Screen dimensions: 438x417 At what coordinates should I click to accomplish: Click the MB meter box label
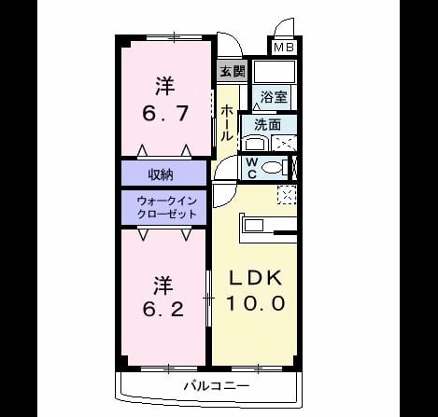[284, 48]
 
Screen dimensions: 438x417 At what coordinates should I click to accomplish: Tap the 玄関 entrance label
[233, 72]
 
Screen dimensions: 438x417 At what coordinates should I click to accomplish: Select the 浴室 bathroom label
[274, 97]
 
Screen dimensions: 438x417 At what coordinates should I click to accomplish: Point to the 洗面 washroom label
[267, 125]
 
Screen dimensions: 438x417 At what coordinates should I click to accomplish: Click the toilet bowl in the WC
[272, 168]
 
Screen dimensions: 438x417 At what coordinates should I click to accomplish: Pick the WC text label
[252, 168]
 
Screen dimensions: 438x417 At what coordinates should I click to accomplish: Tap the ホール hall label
[227, 123]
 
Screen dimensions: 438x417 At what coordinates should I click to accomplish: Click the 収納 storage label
[161, 175]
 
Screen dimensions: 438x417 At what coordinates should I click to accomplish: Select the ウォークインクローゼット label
[167, 207]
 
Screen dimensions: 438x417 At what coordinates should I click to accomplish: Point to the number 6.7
[165, 114]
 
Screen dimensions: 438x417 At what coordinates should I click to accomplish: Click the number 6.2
[163, 309]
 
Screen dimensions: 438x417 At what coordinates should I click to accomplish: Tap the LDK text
[256, 278]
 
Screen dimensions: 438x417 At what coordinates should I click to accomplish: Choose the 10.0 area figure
[256, 303]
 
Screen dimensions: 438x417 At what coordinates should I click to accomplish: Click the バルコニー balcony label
[217, 386]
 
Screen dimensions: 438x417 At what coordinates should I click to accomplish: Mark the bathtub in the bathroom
[275, 72]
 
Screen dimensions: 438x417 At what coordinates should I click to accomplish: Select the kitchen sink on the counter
[254, 225]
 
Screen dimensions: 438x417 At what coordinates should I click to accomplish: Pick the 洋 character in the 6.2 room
[163, 285]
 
